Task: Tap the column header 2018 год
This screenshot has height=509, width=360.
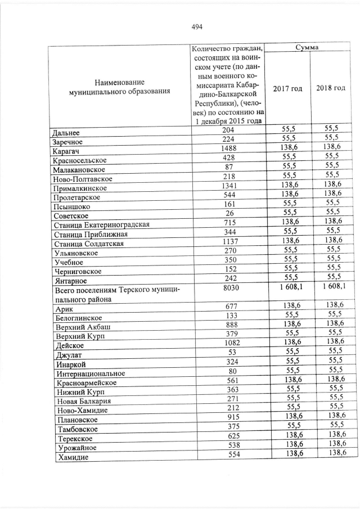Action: point(331,89)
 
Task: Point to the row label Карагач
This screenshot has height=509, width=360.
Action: point(66,151)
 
